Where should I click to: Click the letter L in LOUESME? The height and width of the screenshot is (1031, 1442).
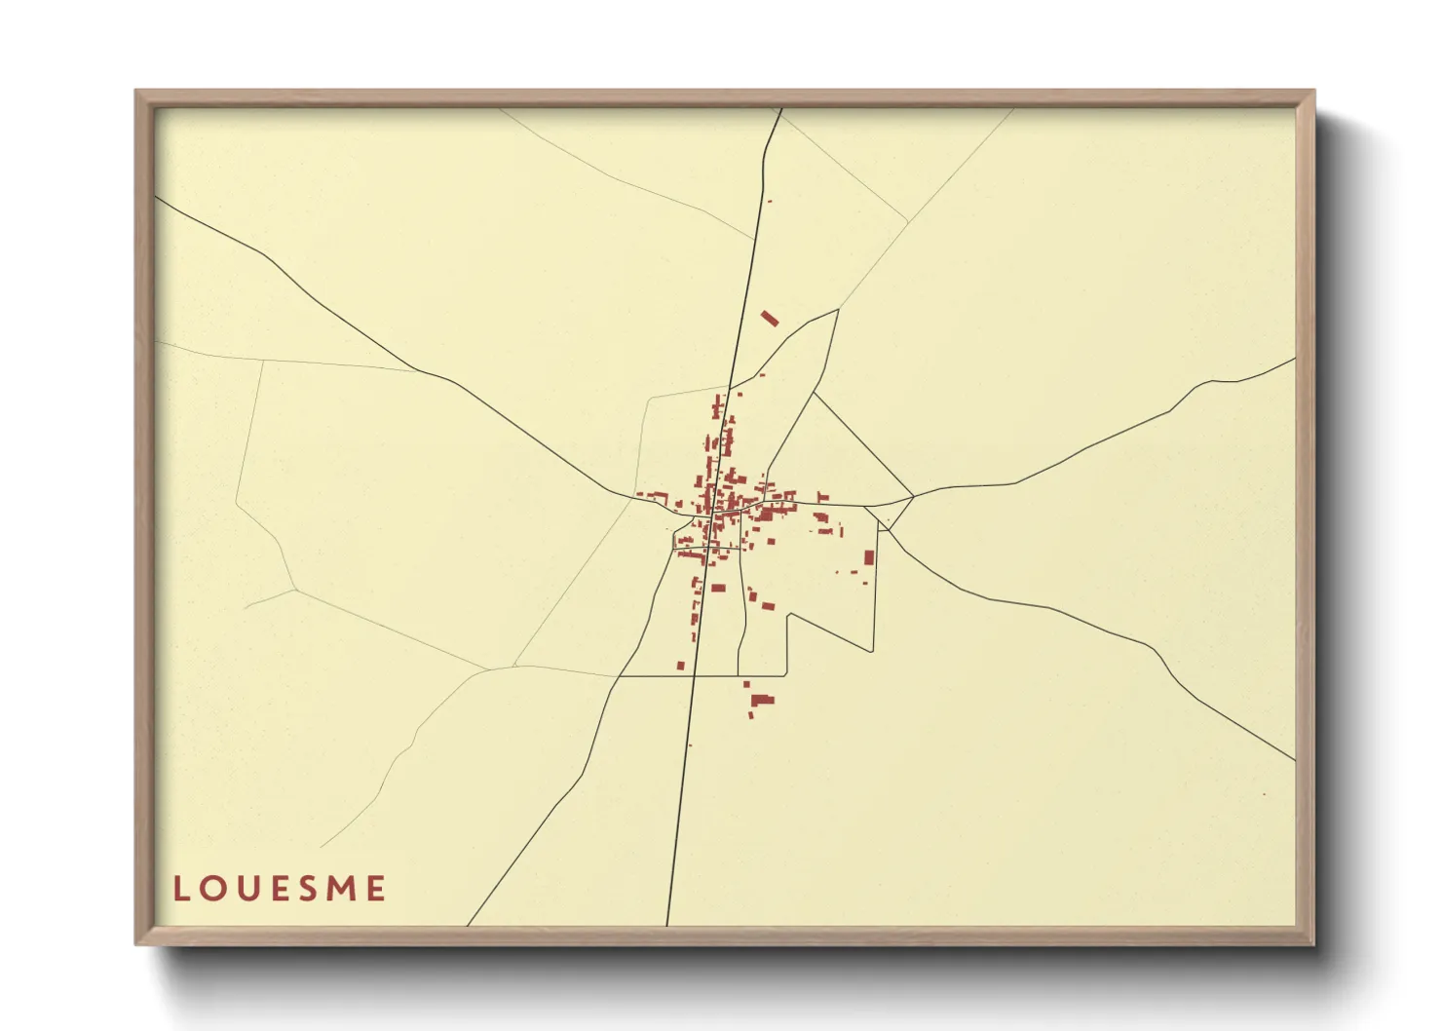[x=181, y=889]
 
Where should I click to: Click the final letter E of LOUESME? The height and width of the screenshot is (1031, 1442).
[x=376, y=889]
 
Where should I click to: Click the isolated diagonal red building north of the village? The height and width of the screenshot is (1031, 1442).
[x=770, y=318]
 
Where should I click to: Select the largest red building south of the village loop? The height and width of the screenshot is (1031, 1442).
[x=762, y=699]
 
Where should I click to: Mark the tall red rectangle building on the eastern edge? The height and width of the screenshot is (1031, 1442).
[x=869, y=557]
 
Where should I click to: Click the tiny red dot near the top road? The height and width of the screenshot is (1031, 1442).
[x=770, y=201]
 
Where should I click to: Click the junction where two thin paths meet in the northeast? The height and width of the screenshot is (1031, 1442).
[x=908, y=221]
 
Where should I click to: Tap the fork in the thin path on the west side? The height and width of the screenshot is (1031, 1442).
[x=294, y=589]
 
